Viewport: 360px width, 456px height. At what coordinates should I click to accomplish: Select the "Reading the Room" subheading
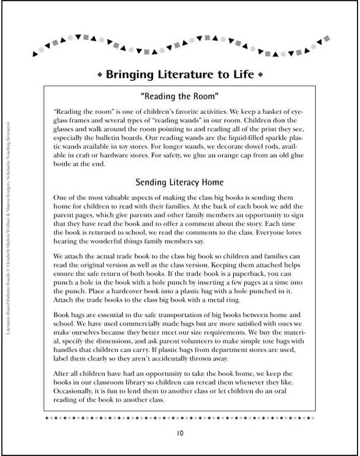click(179, 96)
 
